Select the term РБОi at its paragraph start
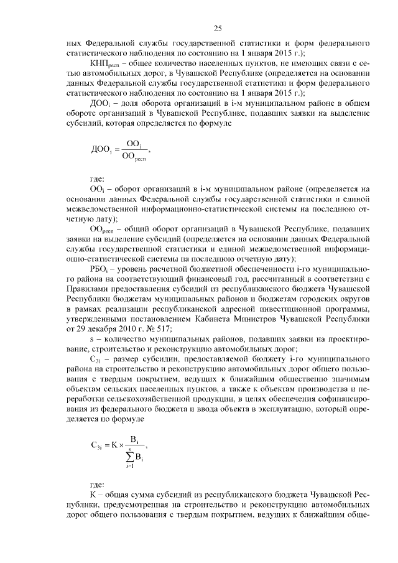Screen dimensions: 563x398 pos(99,271)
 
